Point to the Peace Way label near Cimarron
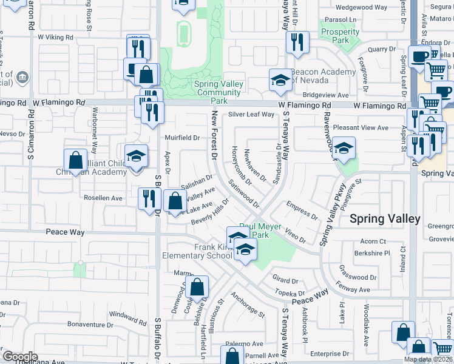pyautogui.click(x=65, y=232)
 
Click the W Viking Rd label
pyautogui.click(x=55, y=37)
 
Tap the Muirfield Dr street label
pyautogui.click(x=183, y=138)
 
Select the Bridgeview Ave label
pyautogui.click(x=326, y=95)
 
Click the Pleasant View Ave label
pyautogui.click(x=365, y=128)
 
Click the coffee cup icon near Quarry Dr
pyautogui.click(x=419, y=57)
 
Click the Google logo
pyautogui.click(x=20, y=356)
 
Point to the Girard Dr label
pyautogui.click(x=285, y=280)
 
